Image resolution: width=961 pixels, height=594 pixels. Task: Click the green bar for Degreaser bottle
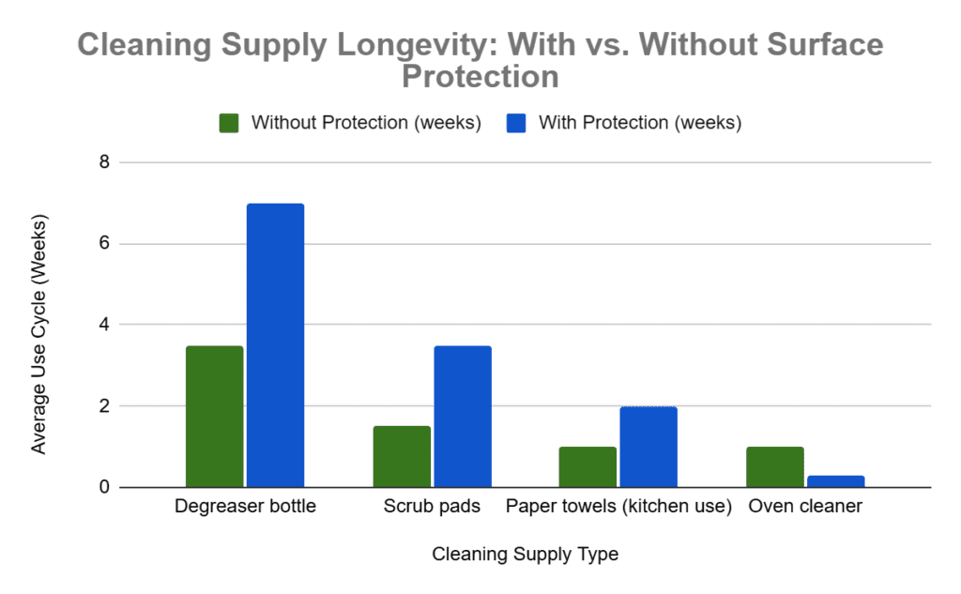coord(214,417)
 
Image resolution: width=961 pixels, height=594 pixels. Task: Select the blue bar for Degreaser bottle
coord(275,345)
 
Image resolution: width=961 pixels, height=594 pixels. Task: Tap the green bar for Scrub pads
coord(402,457)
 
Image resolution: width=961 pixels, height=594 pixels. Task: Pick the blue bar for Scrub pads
coord(463,417)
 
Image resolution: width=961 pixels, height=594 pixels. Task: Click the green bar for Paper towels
coord(588,467)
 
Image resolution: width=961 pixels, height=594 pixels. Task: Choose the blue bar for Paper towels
coord(648,447)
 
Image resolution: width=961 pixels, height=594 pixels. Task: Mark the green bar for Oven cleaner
coord(775,467)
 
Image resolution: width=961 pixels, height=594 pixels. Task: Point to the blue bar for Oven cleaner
coord(835,481)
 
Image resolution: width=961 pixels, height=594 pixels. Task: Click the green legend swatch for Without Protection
coord(230,123)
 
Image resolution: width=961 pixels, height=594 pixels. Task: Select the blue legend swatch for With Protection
coord(516,123)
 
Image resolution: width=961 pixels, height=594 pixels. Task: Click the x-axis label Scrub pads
coord(432,508)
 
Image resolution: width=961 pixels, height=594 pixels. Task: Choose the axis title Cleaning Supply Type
coord(525,555)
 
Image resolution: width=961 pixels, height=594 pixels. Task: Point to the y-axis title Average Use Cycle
coord(38,334)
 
